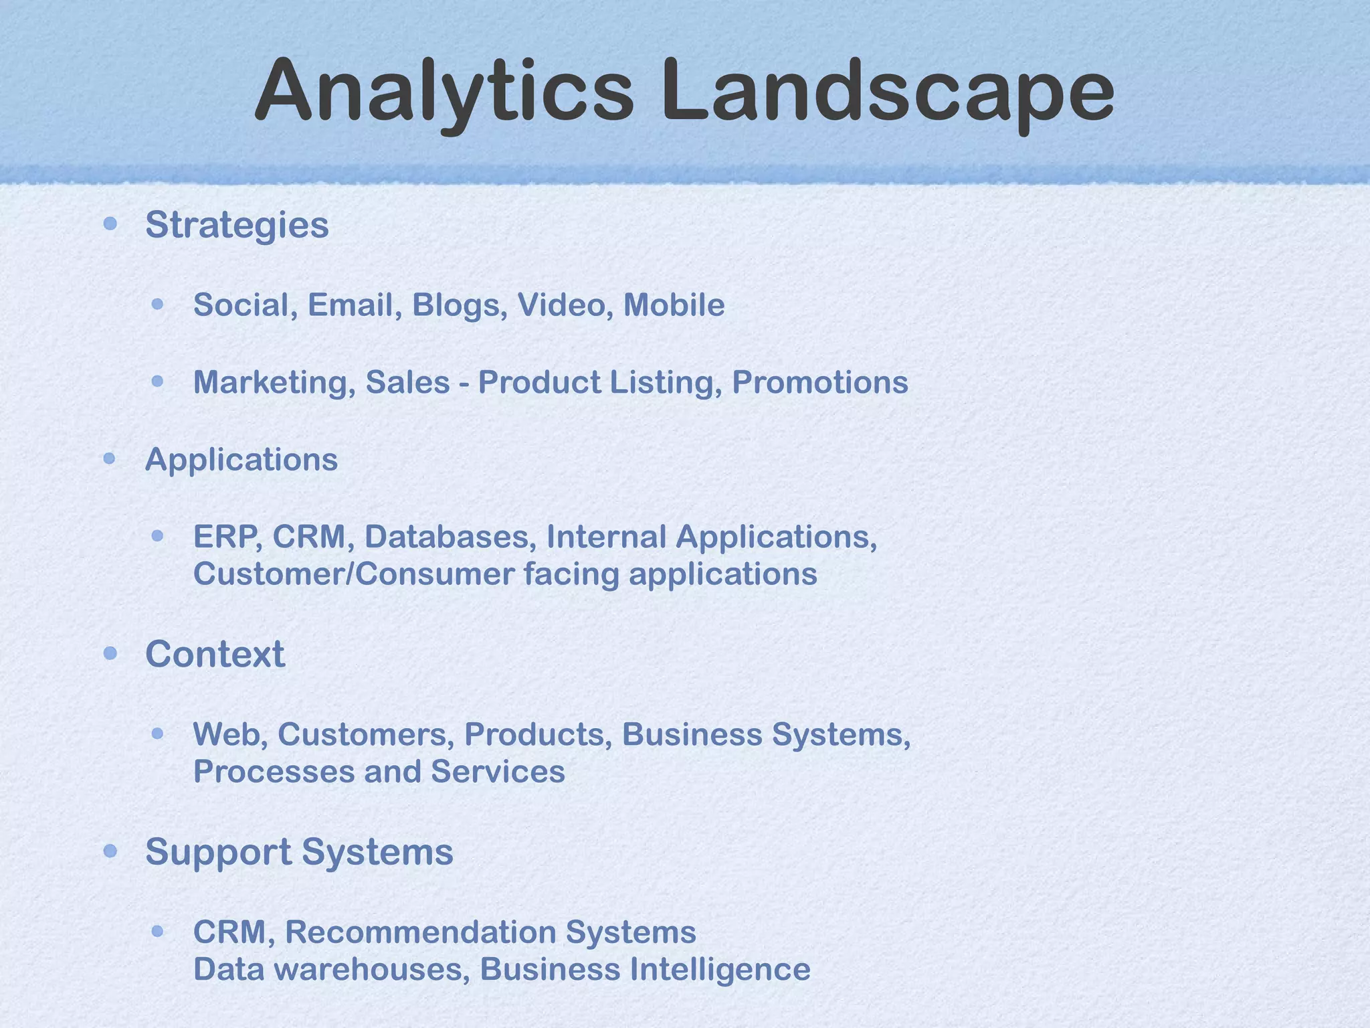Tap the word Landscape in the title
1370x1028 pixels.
point(888,92)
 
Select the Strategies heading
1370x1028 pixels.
point(237,225)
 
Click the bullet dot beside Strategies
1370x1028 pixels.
point(111,224)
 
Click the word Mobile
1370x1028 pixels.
point(674,305)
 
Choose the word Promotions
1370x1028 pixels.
point(820,383)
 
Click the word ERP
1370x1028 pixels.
point(228,537)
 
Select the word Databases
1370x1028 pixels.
point(450,537)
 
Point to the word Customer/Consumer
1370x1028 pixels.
point(354,574)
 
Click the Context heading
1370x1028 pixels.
point(215,654)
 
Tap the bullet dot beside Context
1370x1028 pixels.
point(111,653)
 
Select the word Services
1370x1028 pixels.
point(498,772)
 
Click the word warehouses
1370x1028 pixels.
point(372,970)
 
